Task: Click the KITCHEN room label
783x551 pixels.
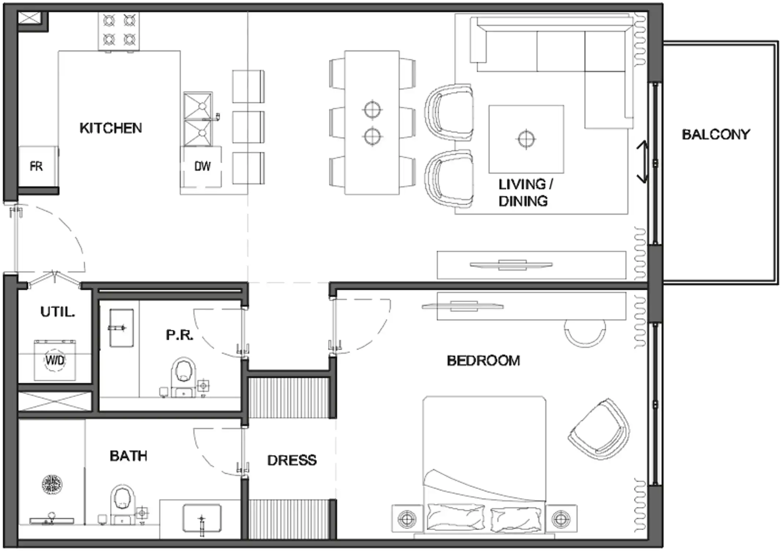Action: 111,128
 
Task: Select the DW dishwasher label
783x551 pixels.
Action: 202,166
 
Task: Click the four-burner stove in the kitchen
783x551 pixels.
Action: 119,31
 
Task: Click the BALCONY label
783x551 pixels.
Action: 716,134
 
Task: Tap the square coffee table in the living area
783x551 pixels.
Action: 526,139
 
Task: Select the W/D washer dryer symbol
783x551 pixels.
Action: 55,360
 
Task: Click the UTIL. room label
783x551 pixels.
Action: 58,312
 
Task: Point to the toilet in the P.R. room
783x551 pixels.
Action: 183,377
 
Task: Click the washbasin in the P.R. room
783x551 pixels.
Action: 121,328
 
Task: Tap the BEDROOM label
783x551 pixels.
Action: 483,361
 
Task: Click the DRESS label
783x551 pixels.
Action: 292,460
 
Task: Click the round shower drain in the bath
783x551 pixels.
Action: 52,485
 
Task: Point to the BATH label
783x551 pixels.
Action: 128,456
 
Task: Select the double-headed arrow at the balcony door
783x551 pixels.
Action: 642,162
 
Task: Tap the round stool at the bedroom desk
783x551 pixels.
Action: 585,333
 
